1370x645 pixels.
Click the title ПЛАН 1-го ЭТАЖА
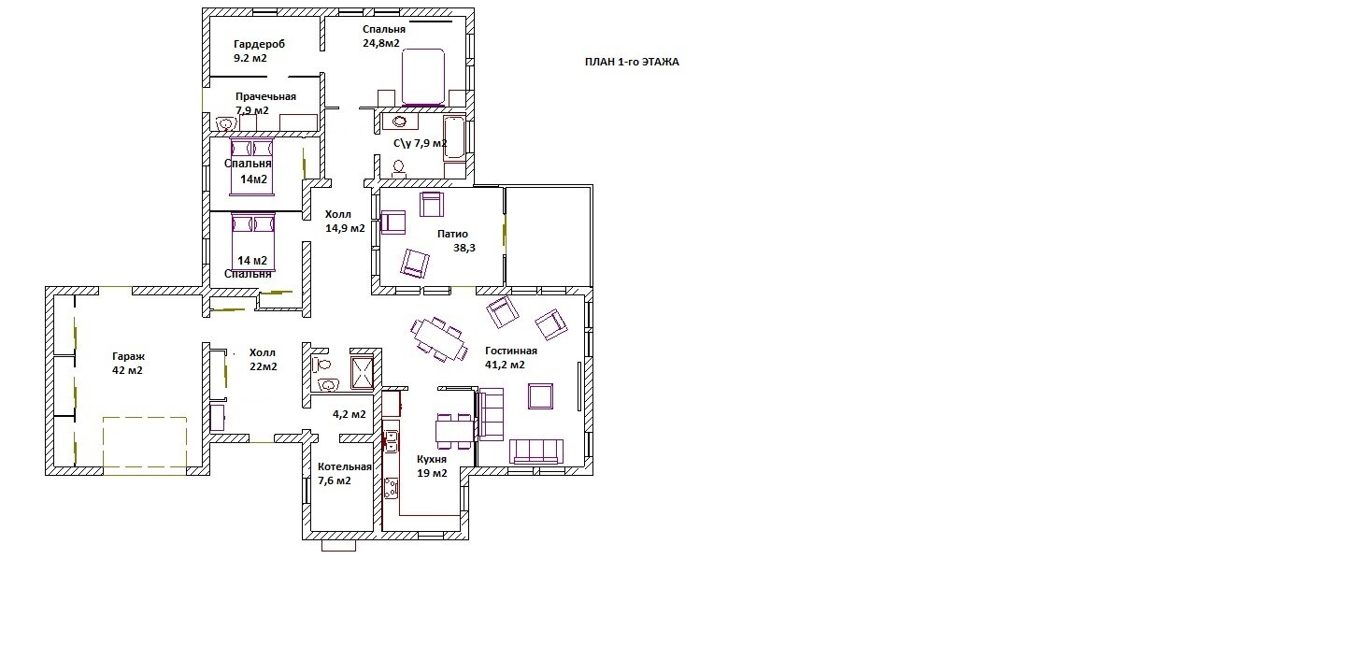(x=632, y=62)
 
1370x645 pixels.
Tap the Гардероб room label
(x=259, y=45)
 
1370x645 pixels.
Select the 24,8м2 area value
(x=381, y=43)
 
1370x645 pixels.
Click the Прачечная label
(x=265, y=96)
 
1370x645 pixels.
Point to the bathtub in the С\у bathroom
(x=454, y=138)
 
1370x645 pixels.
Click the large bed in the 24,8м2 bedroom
(x=422, y=77)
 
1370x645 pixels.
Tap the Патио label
(x=452, y=234)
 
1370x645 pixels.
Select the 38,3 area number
(x=464, y=248)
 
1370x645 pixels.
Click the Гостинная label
(x=511, y=351)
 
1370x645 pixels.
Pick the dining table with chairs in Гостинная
(x=439, y=339)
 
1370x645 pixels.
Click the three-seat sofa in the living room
(x=536, y=451)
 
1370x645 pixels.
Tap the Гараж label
(x=128, y=357)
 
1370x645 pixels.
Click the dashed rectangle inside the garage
(x=144, y=446)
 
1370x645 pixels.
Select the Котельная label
(x=344, y=466)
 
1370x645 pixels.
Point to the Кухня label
(x=432, y=459)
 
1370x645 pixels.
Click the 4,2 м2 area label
(x=350, y=414)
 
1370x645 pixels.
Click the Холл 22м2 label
(x=263, y=360)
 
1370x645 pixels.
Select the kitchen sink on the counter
(x=390, y=441)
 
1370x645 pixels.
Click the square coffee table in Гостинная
(x=541, y=396)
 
